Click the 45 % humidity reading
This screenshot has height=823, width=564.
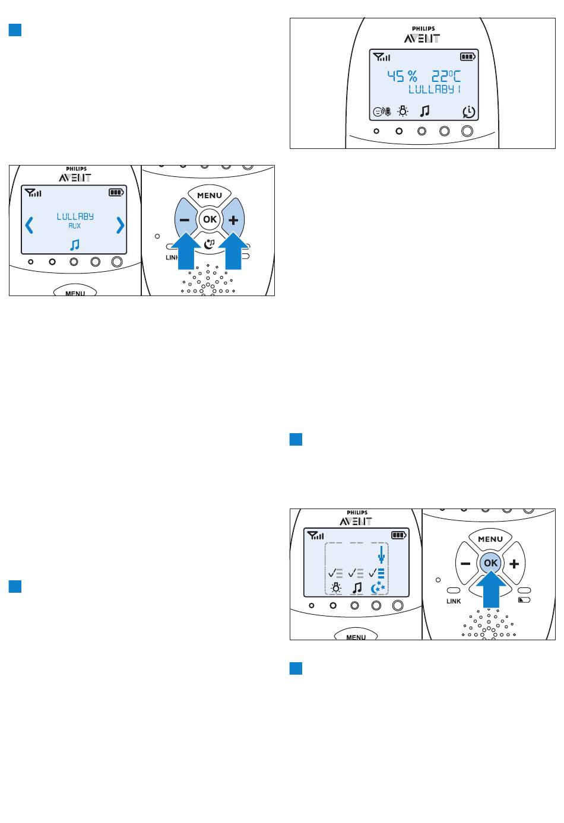(x=403, y=77)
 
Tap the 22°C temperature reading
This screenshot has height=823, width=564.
(x=446, y=77)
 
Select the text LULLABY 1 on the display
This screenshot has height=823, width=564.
(x=434, y=89)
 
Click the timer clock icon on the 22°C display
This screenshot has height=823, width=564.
(x=469, y=112)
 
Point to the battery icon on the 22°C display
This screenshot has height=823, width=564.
(x=468, y=57)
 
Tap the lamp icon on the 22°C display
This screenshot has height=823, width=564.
(x=403, y=111)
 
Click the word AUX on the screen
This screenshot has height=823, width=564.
(x=74, y=226)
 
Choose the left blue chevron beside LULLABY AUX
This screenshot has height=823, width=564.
(x=29, y=225)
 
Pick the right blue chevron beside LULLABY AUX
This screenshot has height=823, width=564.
(x=121, y=225)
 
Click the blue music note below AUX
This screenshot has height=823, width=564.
(x=75, y=245)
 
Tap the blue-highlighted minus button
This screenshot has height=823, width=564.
(x=185, y=220)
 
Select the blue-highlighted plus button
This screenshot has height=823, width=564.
(x=233, y=220)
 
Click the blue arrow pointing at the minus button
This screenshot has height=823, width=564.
(x=187, y=251)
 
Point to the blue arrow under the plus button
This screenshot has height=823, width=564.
(x=233, y=251)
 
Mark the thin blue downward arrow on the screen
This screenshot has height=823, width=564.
(x=382, y=555)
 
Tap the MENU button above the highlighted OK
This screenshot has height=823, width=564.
(x=490, y=539)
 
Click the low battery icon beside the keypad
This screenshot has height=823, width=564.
(x=524, y=600)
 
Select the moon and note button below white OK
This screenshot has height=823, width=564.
(x=209, y=243)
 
